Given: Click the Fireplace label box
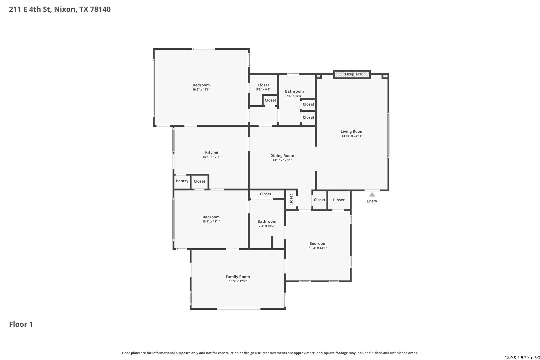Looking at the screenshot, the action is pos(352,74).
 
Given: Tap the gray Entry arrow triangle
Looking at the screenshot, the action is pos(372,195).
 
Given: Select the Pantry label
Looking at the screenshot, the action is pos(182,181).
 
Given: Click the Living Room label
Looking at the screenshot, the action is pos(352,131).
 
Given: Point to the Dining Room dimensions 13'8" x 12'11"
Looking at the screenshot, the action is pos(282,160).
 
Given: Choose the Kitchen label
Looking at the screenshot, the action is pos(212,152).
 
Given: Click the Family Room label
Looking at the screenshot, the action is pos(238,277).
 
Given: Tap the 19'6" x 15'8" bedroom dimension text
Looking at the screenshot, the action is pos(201,90).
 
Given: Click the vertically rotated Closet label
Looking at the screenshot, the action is pos(291,200).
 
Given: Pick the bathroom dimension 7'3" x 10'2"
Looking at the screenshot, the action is pos(267,226).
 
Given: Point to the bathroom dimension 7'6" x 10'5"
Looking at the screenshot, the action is pos(294,96).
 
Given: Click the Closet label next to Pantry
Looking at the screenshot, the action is pos(199,181).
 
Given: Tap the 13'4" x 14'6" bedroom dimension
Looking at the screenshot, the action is pos(318,248).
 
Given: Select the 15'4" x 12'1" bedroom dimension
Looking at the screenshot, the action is pos(211,222).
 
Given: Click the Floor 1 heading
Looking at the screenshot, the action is pos(21,324).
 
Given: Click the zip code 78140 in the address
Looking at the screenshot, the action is pos(100,9).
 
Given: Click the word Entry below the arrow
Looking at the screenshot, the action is pos(372,201).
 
